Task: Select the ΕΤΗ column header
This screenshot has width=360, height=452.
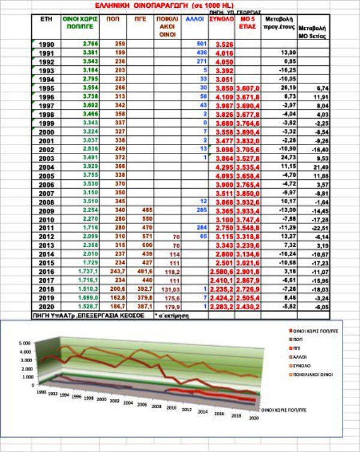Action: click(46, 20)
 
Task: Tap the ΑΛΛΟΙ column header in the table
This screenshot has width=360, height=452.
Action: click(194, 20)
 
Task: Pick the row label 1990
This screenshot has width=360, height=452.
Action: click(46, 44)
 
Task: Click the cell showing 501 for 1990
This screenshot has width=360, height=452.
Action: click(201, 44)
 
